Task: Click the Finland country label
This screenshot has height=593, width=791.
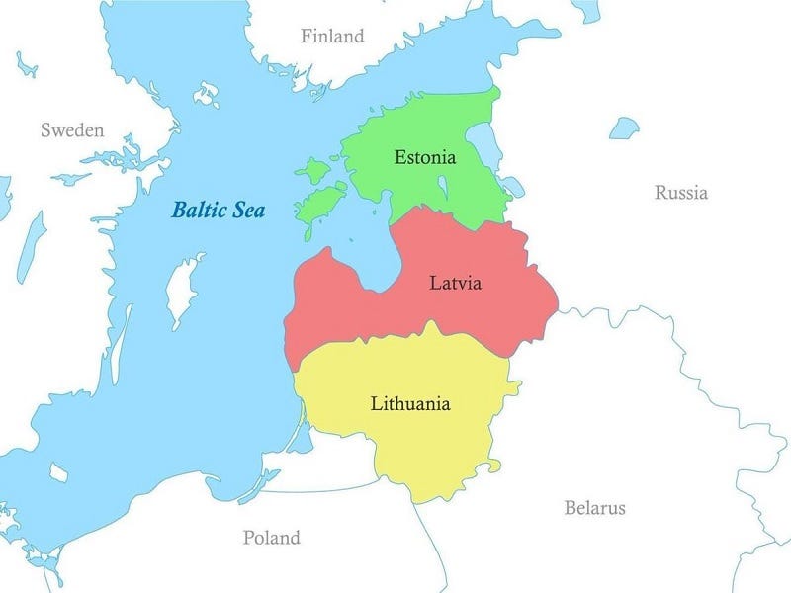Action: point(332,37)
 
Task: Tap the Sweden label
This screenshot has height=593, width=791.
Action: point(71,130)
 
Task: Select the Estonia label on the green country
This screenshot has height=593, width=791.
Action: point(424,157)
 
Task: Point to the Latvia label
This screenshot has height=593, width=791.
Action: point(455,284)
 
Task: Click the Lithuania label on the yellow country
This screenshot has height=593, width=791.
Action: point(410,403)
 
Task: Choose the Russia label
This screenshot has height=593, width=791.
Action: point(680,193)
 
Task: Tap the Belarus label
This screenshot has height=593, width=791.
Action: point(594,508)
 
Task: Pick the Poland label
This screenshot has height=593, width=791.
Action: point(271,539)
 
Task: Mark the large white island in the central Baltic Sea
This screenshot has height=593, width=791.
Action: point(183,287)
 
